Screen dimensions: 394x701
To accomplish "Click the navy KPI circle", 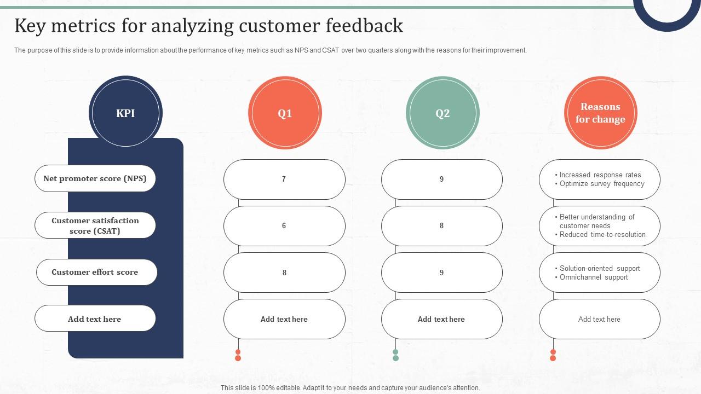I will point(125,113).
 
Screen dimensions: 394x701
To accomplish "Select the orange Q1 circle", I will point(285,113).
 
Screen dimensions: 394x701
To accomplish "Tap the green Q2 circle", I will point(443,113).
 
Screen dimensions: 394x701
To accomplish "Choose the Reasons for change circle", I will point(600,113).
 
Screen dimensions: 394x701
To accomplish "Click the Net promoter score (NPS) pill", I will point(95,178).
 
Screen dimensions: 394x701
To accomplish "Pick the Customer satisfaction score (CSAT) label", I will point(95,225).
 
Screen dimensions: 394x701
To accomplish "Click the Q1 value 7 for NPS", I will point(284,179).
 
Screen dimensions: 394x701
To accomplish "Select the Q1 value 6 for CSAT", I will point(284,225).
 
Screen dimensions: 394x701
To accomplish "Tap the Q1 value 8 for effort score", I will point(284,273).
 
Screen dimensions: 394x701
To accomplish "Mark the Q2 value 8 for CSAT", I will point(441,225).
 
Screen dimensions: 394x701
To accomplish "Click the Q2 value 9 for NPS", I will point(441,179).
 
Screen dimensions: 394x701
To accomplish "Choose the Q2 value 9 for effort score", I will point(441,273).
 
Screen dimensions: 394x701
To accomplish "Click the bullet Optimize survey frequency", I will point(601,184).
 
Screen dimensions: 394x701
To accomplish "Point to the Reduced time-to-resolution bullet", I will point(602,235).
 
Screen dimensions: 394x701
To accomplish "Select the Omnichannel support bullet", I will point(593,277).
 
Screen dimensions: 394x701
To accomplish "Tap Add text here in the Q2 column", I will point(441,319).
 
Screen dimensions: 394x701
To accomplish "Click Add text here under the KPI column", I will point(95,319).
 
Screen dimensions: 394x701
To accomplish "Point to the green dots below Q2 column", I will point(395,355).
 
